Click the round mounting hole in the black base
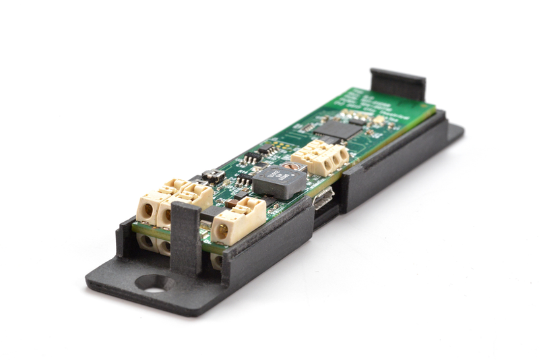pyautogui.click(x=154, y=283)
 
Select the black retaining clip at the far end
pyautogui.click(x=398, y=84)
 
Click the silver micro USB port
pyautogui.click(x=323, y=198)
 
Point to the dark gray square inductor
pyautogui.click(x=280, y=181)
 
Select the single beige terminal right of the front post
pyautogui.click(x=237, y=220)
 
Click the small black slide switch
pyautogui.click(x=213, y=176)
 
